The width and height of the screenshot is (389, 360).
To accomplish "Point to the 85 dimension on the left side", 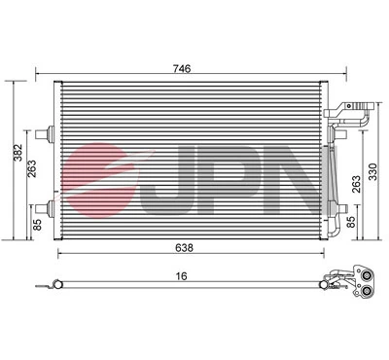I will pos(35,226).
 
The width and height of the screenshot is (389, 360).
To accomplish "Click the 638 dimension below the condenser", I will pos(185,248).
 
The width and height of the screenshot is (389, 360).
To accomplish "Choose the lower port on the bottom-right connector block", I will pos(367,287).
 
